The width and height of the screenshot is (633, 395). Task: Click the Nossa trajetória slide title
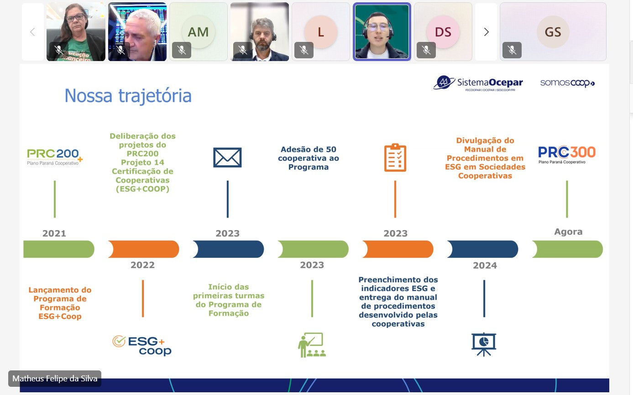(x=128, y=96)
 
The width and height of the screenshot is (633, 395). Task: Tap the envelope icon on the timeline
(x=227, y=158)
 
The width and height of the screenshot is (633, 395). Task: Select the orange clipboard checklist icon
(x=395, y=158)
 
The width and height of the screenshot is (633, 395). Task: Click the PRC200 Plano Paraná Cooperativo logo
(x=55, y=157)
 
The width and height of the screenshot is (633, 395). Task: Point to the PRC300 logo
(x=566, y=154)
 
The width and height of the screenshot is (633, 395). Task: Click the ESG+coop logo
(x=142, y=345)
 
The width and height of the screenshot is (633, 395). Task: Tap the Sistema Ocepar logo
(x=478, y=83)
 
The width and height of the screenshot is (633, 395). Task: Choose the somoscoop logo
(x=567, y=83)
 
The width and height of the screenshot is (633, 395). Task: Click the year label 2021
(x=54, y=233)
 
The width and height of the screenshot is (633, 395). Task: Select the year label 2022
(x=142, y=265)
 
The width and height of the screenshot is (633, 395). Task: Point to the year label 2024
(x=485, y=266)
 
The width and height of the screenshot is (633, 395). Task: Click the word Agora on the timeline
(x=568, y=232)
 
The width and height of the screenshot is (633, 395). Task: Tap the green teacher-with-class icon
(x=312, y=345)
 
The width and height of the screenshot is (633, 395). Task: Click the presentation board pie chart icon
(x=484, y=344)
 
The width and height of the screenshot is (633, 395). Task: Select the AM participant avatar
(x=199, y=32)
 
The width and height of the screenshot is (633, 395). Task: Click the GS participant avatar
(x=553, y=32)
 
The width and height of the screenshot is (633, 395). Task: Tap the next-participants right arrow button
(x=486, y=32)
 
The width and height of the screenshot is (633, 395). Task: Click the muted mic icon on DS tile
(x=426, y=50)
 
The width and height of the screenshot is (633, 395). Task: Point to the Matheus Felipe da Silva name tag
(x=55, y=379)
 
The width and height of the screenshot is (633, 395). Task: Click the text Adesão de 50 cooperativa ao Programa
(x=309, y=158)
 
